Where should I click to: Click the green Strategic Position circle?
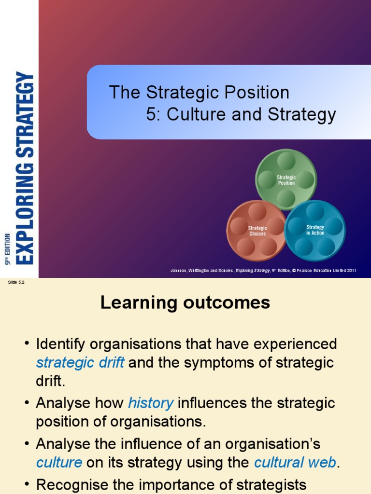point(286,179)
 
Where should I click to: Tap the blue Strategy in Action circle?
point(315,230)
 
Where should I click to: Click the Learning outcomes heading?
point(185,303)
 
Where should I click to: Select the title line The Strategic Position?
point(199,92)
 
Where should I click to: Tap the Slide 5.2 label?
point(16,282)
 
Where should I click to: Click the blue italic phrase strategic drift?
point(80,363)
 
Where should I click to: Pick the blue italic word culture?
point(59,463)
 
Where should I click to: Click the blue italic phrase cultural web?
point(295,463)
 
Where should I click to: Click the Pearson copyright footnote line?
point(263,271)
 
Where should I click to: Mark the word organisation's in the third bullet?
point(270,443)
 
